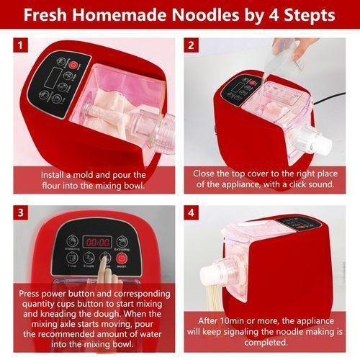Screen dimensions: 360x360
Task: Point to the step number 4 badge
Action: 192,214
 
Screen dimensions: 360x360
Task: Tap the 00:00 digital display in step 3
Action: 98,242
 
